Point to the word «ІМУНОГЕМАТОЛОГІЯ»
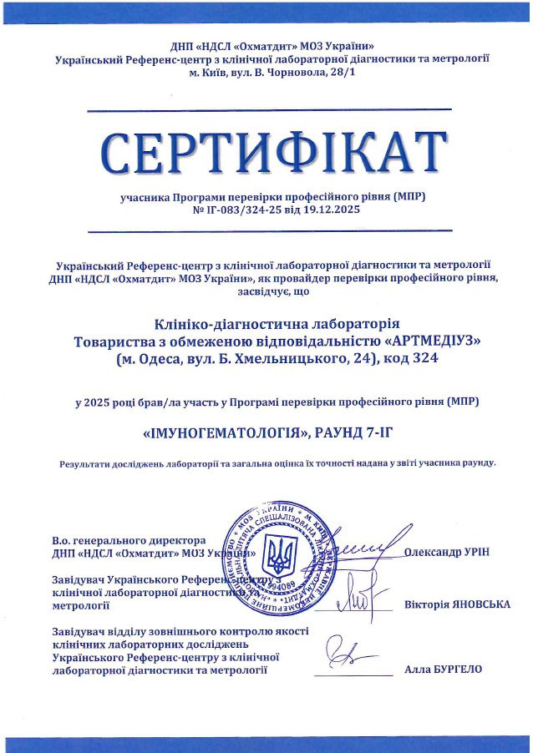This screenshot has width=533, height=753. pos(221,433)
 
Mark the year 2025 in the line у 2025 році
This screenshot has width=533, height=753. pos(100,402)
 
